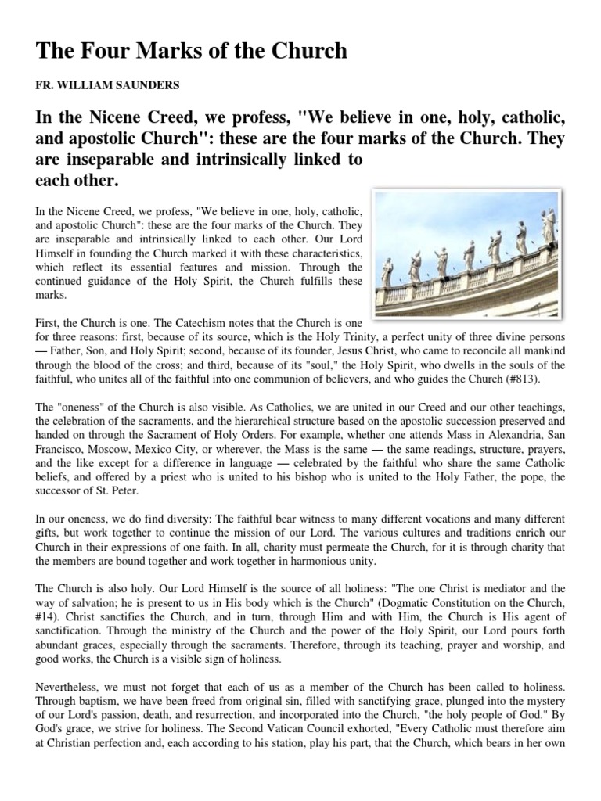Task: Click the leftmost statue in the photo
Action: coord(388,271)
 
